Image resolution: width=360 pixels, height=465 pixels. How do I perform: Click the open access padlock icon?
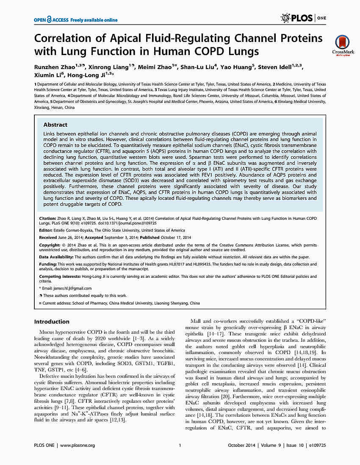(50, 19)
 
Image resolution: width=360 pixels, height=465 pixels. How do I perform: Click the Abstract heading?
(55, 125)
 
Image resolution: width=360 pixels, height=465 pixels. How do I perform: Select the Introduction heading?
(52, 321)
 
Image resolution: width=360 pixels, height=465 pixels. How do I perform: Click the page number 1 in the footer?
(180, 445)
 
